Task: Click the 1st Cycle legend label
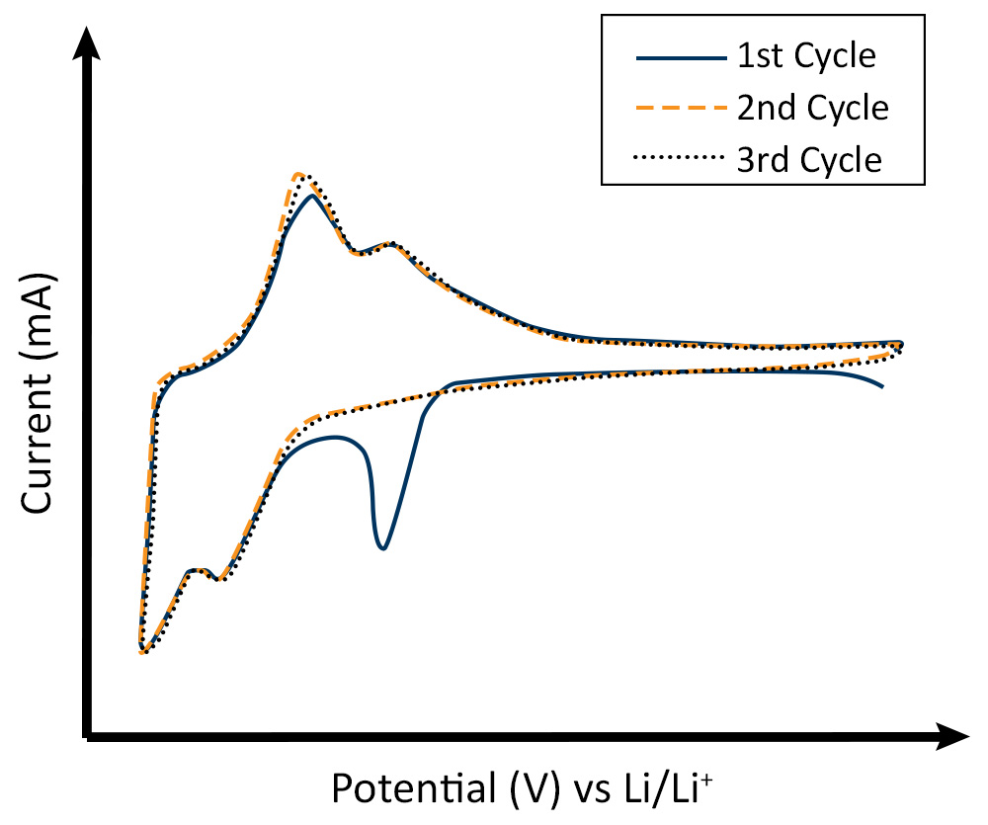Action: (x=806, y=56)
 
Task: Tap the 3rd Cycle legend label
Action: (x=809, y=158)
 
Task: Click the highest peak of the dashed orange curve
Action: (x=298, y=174)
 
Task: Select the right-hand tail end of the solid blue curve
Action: (x=881, y=385)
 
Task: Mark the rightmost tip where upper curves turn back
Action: (x=902, y=344)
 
